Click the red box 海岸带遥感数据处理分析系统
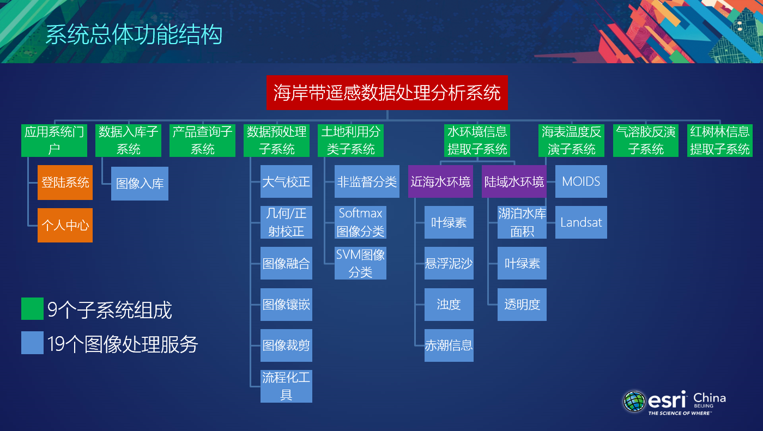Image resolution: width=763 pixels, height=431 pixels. tap(387, 93)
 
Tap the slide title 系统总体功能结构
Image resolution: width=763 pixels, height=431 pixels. tap(134, 34)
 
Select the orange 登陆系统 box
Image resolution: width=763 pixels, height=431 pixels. tap(65, 183)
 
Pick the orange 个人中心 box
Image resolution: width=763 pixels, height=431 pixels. tap(65, 225)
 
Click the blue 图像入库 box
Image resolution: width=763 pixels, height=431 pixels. tap(140, 184)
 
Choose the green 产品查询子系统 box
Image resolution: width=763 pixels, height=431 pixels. tap(202, 141)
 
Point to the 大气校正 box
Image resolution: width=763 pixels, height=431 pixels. tap(286, 181)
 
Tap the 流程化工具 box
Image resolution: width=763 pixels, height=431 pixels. tap(286, 386)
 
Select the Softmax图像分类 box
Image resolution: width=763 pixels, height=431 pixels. tap(360, 222)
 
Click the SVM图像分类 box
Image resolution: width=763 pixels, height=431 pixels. tap(360, 263)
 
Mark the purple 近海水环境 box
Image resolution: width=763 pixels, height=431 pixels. tap(440, 181)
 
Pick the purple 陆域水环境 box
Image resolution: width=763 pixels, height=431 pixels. tap(514, 181)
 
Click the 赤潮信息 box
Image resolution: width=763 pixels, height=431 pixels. tap(449, 345)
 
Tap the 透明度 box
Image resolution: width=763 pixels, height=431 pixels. tap(522, 305)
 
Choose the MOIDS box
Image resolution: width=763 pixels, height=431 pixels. tap(581, 181)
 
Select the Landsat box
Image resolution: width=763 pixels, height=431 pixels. tap(581, 222)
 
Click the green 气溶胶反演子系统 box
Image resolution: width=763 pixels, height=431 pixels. tap(646, 141)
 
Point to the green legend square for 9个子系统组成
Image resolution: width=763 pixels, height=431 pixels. tap(32, 309)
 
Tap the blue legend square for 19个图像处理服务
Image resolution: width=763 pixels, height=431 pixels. tap(32, 343)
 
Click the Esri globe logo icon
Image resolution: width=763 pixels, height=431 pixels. tap(634, 401)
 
